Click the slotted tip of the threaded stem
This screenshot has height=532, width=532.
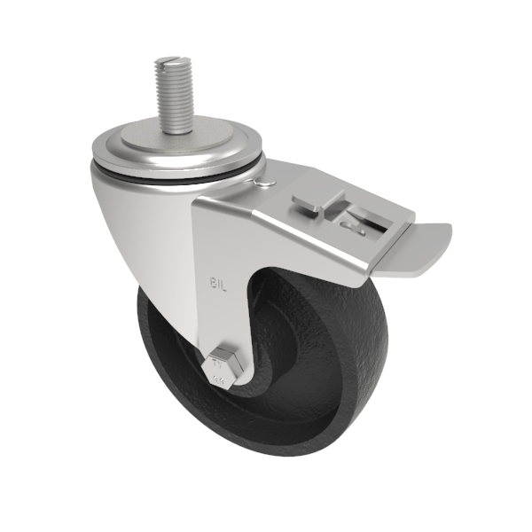(x=174, y=62)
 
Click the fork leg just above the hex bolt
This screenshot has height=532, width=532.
(x=217, y=328)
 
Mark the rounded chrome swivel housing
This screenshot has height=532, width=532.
(x=142, y=222)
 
